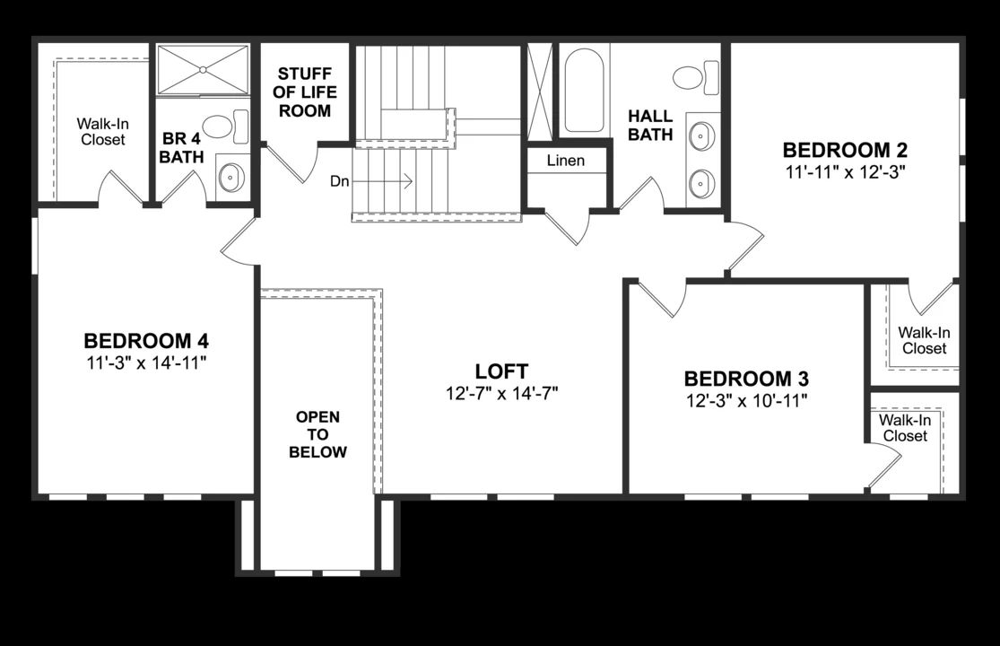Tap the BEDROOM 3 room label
point(746,379)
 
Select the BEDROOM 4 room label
point(146,341)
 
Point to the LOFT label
point(501,371)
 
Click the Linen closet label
point(566,161)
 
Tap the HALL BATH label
point(649,126)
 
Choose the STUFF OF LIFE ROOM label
point(304,92)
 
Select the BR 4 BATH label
point(182,148)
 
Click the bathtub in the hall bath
point(584,90)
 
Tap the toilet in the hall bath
point(695,76)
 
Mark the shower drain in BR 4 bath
point(204,68)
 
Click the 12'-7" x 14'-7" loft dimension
point(501,394)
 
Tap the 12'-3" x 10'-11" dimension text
point(746,400)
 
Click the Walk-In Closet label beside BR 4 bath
point(100,131)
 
